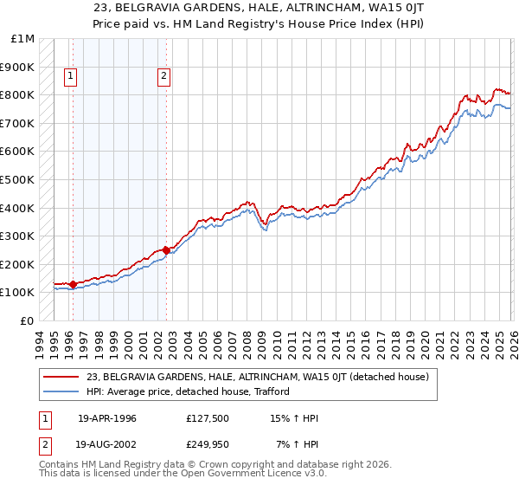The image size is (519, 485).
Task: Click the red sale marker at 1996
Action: (73, 284)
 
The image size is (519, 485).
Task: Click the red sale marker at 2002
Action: (166, 250)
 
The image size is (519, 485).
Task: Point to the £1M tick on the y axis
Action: (23, 39)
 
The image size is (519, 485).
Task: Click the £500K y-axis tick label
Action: (18, 180)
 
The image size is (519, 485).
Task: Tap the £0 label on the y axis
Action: (28, 320)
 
